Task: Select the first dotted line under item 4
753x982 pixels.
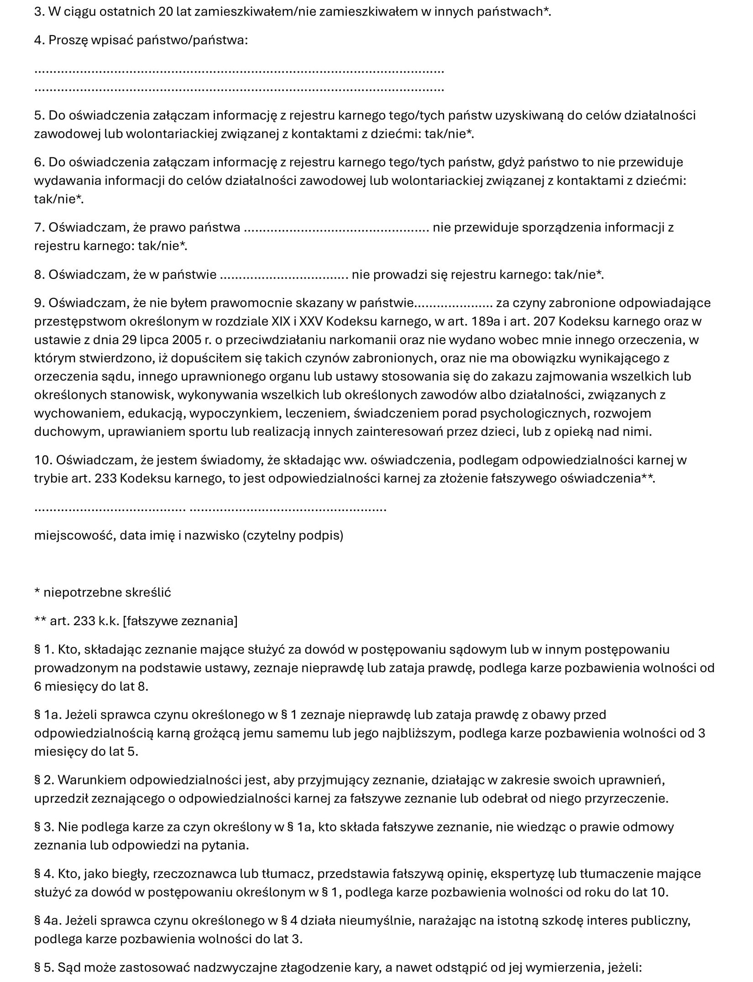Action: coord(239,72)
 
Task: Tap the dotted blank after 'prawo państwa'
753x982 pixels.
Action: coord(336,228)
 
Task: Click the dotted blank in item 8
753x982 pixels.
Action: coord(284,275)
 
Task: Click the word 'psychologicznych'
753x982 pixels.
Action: coord(522,413)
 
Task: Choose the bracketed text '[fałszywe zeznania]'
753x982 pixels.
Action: coord(180,621)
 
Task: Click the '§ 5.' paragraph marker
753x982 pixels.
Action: coord(44,967)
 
